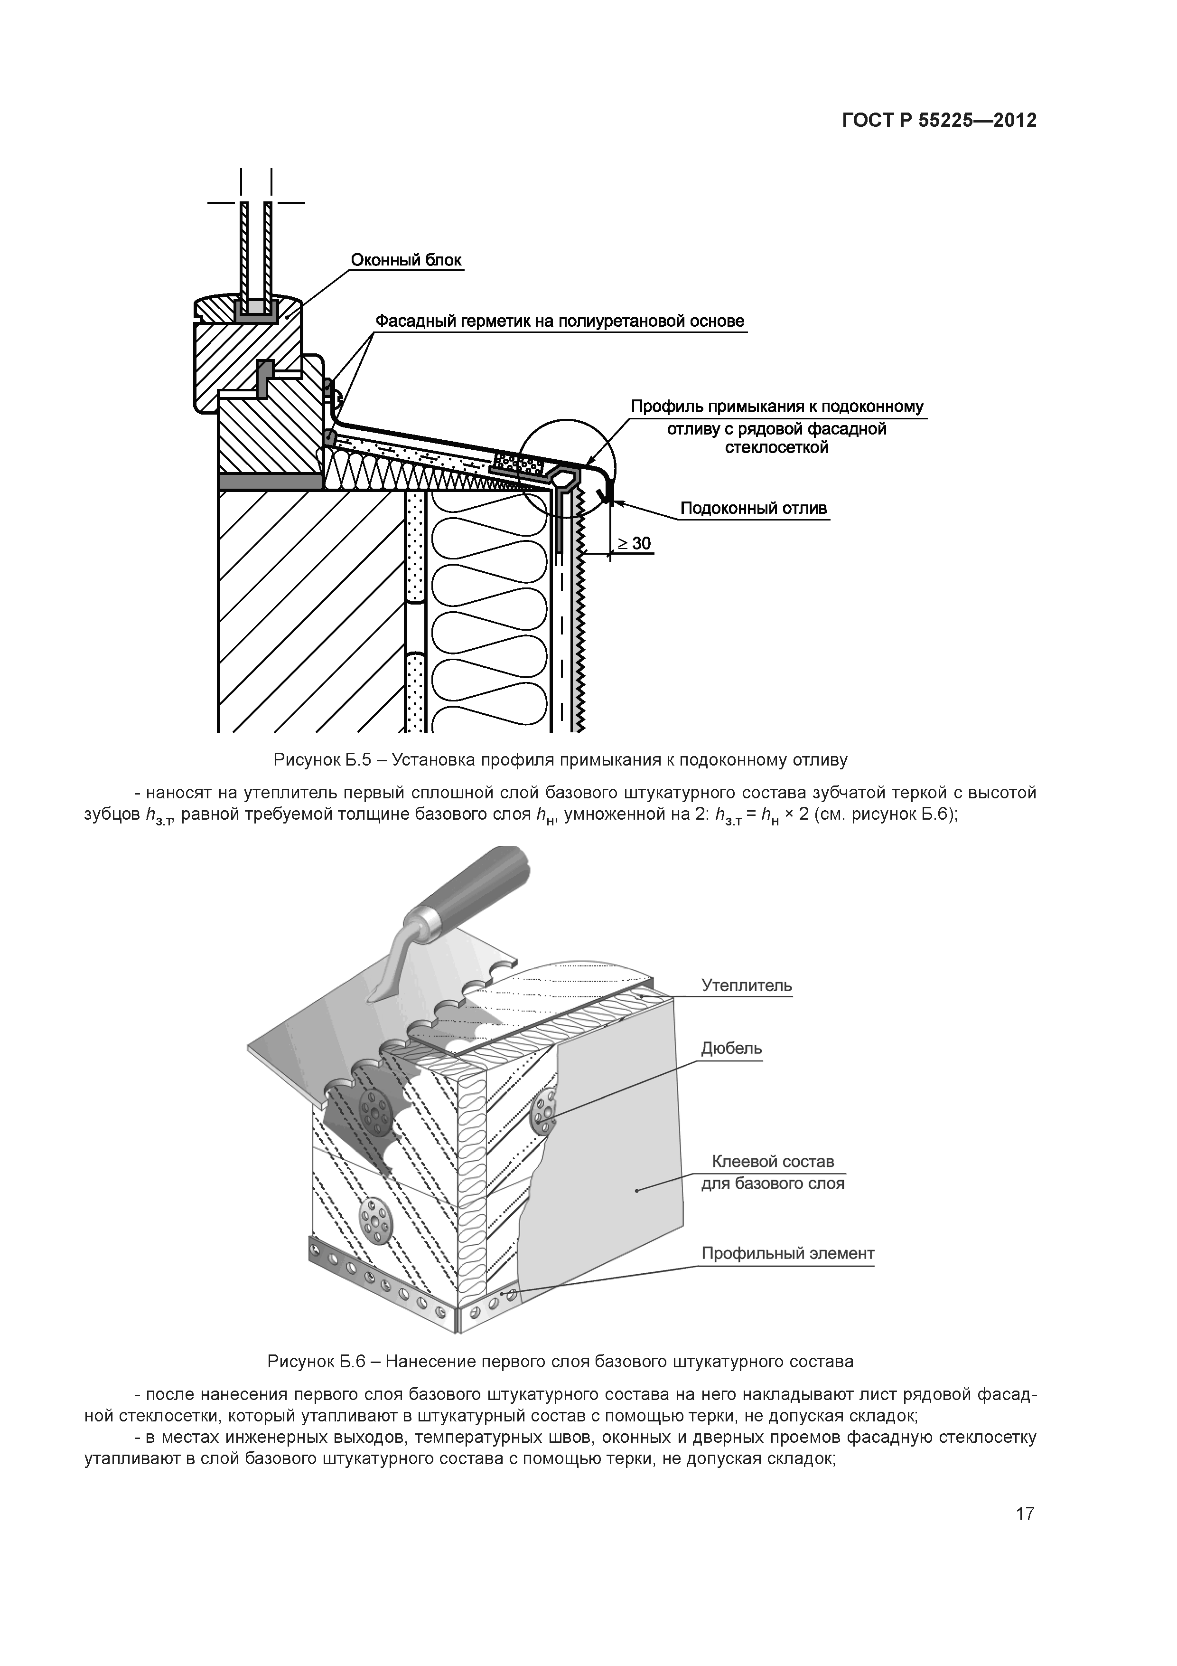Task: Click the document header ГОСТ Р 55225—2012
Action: point(939,121)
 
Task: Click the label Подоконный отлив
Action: point(754,509)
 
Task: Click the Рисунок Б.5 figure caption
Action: point(560,760)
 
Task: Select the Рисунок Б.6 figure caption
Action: point(560,1361)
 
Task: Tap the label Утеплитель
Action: point(746,985)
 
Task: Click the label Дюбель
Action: point(731,1049)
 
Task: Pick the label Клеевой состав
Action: point(773,1161)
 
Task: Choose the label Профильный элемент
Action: point(787,1253)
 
